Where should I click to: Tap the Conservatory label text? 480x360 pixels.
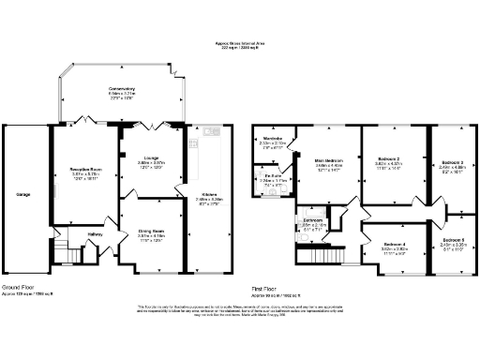click(121, 90)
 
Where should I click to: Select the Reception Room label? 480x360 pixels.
click(85, 169)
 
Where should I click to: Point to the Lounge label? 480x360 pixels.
click(151, 157)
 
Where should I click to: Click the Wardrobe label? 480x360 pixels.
click(273, 139)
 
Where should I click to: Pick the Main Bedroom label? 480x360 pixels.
click(331, 161)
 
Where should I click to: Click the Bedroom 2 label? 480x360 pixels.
click(388, 160)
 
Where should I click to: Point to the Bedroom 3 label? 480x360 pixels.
click(453, 162)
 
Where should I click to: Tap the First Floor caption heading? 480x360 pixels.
click(268, 287)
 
